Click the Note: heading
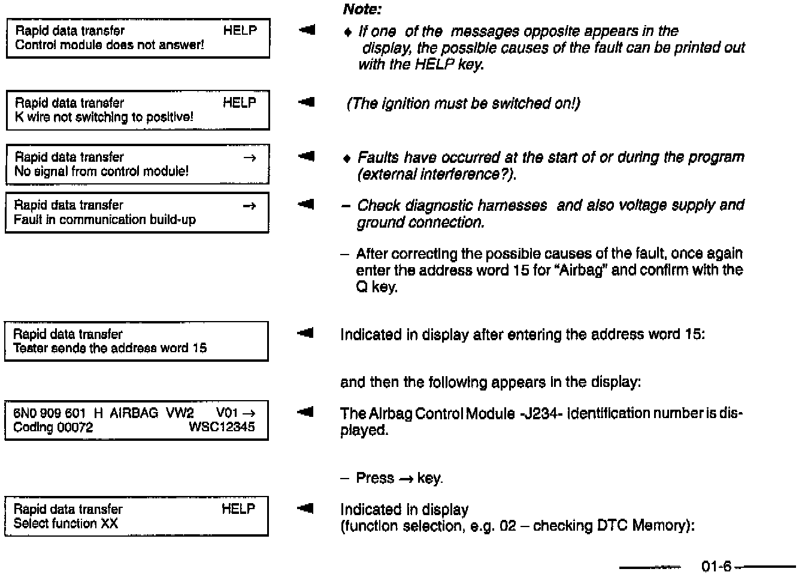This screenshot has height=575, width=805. (x=362, y=9)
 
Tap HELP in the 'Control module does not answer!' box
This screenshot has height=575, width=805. (x=240, y=31)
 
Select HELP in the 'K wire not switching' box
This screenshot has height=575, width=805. (x=240, y=102)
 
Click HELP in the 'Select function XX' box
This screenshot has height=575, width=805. (x=238, y=509)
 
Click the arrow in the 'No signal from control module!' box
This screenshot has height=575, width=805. (x=250, y=158)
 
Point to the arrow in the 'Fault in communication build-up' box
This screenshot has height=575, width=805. (x=250, y=206)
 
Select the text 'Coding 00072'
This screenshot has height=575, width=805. (x=53, y=427)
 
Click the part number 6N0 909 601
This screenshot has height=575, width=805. (x=50, y=413)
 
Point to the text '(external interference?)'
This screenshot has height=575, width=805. (x=437, y=174)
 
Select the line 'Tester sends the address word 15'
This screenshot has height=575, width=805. (x=110, y=348)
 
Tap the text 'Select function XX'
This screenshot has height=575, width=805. (x=66, y=523)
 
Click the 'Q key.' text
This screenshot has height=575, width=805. (x=377, y=287)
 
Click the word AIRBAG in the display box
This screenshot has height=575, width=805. (x=134, y=413)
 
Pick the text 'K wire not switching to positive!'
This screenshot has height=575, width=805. (x=104, y=117)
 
